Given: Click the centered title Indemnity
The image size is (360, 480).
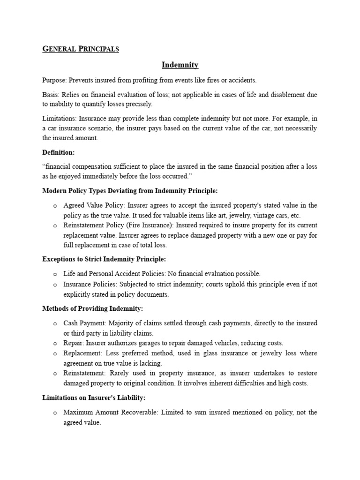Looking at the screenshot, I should pos(180,65).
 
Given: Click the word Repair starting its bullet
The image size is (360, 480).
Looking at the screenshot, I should pos(74,343).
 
